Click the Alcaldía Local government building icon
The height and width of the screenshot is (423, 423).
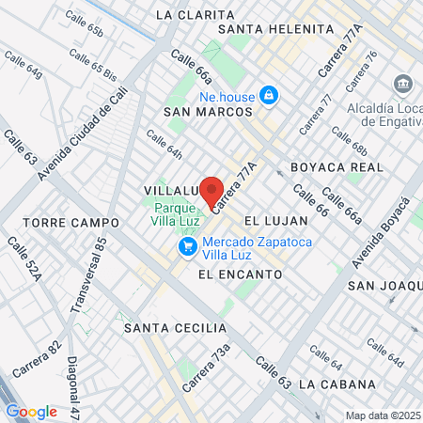[403, 84]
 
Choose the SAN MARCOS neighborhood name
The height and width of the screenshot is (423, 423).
[208, 112]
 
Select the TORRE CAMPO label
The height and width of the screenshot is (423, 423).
[71, 223]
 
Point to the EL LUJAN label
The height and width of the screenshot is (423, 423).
[275, 220]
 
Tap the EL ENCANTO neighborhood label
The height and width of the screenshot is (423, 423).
[241, 274]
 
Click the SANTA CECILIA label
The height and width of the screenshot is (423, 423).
[176, 328]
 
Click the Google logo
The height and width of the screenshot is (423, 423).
[31, 412]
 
